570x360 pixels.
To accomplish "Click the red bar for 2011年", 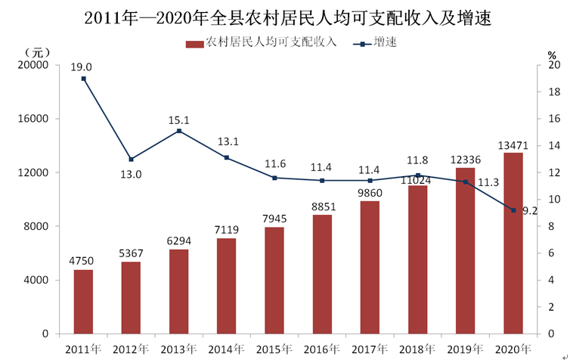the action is point(83,302).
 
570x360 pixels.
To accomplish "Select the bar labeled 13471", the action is point(513,244).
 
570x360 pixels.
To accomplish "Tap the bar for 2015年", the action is point(274,281).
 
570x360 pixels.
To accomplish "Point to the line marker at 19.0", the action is point(84,79).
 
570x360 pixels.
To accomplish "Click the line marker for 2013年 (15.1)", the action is point(179,131).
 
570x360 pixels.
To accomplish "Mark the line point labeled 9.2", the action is point(513,210).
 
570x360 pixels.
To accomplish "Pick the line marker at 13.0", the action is point(132,160).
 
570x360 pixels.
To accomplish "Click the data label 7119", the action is point(227,230).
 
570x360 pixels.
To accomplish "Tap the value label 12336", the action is point(466,160).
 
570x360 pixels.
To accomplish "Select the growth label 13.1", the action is point(228,141).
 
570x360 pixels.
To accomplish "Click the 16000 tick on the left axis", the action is point(33,119).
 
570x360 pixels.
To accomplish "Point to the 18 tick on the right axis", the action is point(554,92).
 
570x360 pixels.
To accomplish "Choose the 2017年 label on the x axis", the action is point(370,349).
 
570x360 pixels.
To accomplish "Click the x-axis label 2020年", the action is point(513,349).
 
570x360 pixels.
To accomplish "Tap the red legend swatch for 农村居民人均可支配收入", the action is point(194,45).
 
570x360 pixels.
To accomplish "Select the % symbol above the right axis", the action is point(552,55).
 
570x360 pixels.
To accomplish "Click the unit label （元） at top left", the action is point(38,54).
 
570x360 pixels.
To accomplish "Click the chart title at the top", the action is point(287,17).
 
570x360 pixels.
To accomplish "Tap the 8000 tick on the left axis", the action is point(36,226).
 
